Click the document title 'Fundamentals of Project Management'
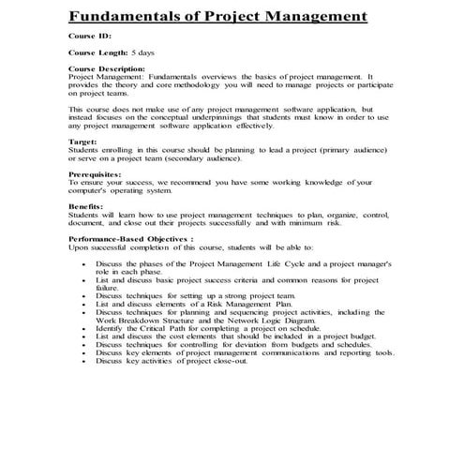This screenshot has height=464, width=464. click(217, 16)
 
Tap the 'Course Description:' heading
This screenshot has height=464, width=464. click(107, 68)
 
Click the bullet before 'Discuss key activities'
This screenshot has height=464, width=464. click(86, 360)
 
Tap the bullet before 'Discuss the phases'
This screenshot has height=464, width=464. click(86, 266)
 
